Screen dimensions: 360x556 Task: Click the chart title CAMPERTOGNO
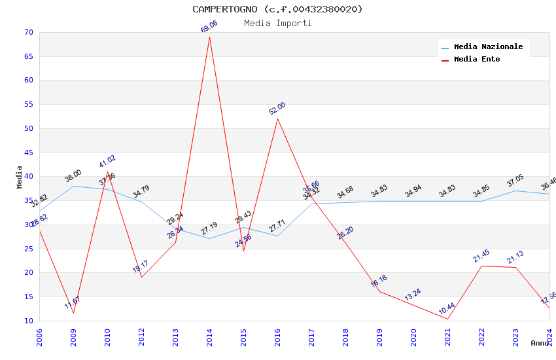click(x=277, y=9)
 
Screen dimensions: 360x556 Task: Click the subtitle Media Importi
click(x=277, y=23)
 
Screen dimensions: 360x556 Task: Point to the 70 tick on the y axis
click(x=28, y=33)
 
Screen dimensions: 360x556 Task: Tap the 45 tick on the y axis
click(x=28, y=153)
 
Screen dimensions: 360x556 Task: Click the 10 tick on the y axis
click(x=28, y=321)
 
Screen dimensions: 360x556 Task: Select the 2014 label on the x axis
click(x=210, y=337)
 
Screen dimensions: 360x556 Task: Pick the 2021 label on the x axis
click(x=448, y=337)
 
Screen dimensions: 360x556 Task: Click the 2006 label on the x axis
click(x=40, y=337)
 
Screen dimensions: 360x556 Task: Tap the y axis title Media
click(x=20, y=177)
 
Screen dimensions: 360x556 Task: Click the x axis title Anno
click(x=540, y=343)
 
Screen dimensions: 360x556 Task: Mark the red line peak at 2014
click(x=210, y=37)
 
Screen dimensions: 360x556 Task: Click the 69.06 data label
click(x=209, y=27)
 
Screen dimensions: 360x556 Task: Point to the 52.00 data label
click(x=277, y=109)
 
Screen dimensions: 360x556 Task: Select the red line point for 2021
click(x=448, y=319)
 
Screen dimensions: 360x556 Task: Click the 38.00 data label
click(x=73, y=175)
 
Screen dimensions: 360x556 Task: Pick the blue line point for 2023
click(x=516, y=190)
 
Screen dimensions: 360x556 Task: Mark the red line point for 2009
click(x=73, y=313)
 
